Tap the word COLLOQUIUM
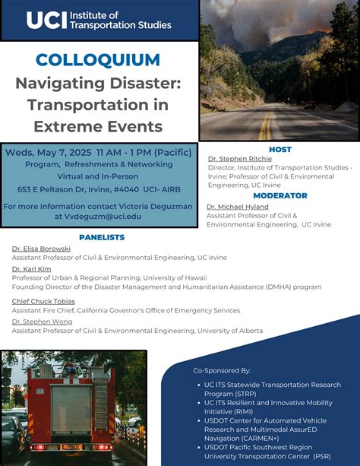(x=98, y=60)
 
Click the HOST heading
(x=279, y=150)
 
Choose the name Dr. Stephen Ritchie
(x=239, y=159)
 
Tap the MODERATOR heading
(x=279, y=195)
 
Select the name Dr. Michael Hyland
(x=238, y=206)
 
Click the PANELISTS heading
(x=101, y=237)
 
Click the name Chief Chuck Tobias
(x=43, y=301)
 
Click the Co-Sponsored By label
(x=222, y=370)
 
